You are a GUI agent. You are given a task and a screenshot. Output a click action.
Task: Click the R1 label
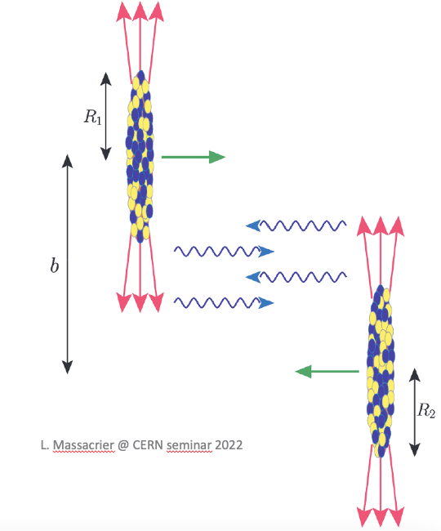pos(93,117)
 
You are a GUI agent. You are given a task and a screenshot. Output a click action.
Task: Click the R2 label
pos(426,410)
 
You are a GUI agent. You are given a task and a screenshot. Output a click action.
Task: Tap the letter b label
pos(54,265)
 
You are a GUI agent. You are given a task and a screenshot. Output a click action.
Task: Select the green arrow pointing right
pos(194,157)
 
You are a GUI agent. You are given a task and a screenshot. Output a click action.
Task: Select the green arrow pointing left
pos(327,372)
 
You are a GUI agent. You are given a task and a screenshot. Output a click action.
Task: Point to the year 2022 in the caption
pos(229,444)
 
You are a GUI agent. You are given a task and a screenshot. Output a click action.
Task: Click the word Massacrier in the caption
pos(83,445)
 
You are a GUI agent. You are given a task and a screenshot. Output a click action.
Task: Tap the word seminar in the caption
pos(189,445)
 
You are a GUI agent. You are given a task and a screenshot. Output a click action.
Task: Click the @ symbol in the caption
pos(123,445)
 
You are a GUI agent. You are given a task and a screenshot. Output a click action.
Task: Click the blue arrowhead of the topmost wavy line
pos(253,225)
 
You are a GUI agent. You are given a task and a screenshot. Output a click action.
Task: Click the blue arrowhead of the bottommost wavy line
pos(266,302)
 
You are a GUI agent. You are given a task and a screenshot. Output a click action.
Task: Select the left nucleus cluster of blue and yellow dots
pos(140,157)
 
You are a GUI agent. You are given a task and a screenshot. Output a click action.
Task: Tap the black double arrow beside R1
pos(106,116)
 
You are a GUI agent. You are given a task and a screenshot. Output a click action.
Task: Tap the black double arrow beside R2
pos(415,412)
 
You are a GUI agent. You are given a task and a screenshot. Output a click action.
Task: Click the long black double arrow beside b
pos(67,264)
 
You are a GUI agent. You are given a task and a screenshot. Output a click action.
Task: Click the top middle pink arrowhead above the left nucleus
pos(140,11)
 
